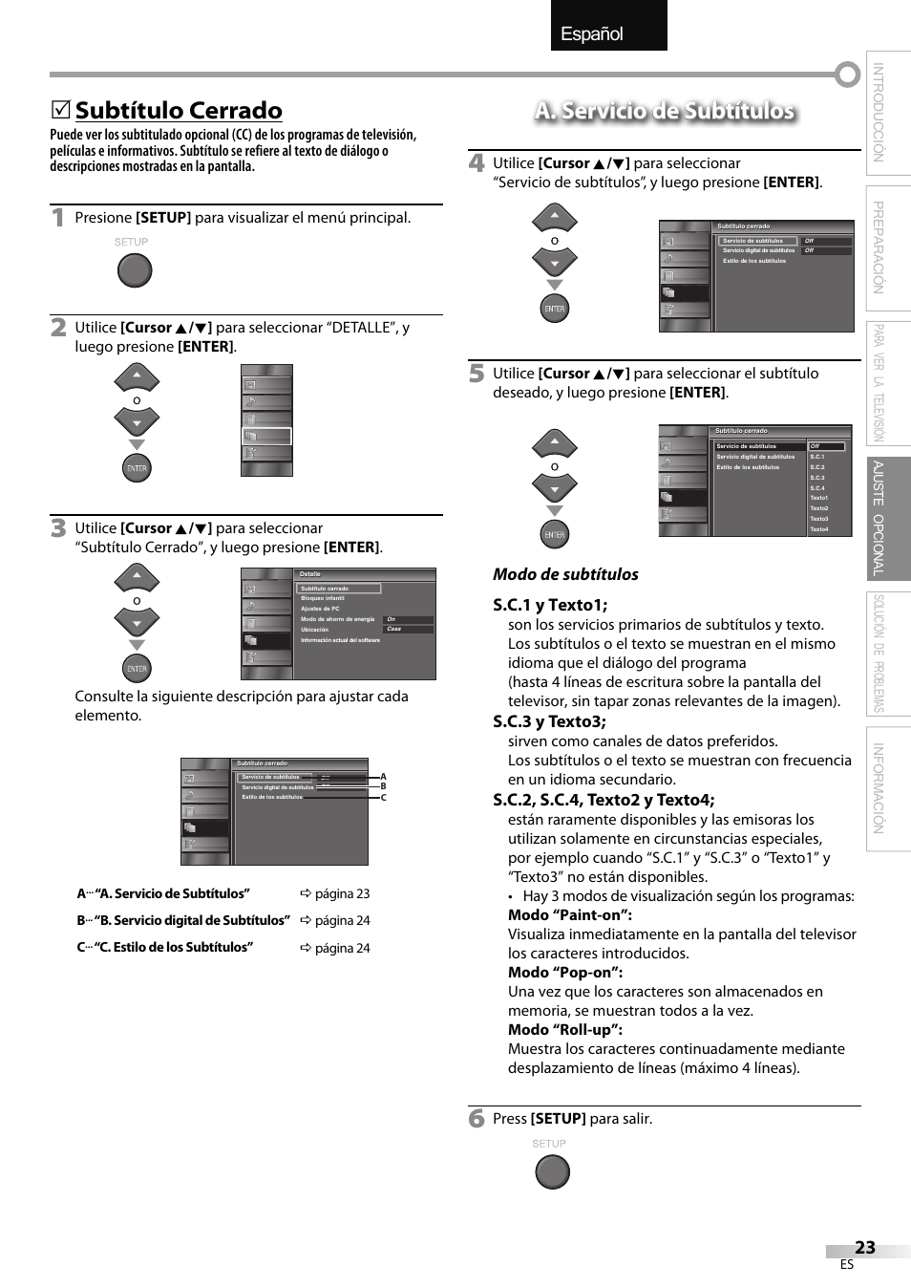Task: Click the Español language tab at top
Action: tap(608, 26)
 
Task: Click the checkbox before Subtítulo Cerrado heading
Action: tap(60, 111)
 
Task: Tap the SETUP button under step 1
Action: tap(135, 270)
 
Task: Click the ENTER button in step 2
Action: tap(137, 468)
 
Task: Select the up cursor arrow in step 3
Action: tap(137, 576)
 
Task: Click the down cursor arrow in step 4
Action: tap(555, 261)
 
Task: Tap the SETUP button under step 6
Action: tap(552, 1171)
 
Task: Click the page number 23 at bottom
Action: tap(864, 1247)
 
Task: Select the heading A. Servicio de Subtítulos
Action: tap(665, 111)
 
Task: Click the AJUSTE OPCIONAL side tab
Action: tap(879, 518)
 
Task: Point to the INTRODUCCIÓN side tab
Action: tap(879, 113)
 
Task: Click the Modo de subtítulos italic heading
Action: tap(565, 574)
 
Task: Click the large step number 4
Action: tap(477, 163)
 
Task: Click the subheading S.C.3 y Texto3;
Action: tap(549, 721)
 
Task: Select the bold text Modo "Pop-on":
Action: tap(564, 972)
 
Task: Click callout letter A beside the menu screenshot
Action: tap(384, 777)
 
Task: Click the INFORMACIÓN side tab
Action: tap(879, 788)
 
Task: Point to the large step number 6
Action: tap(477, 1119)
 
